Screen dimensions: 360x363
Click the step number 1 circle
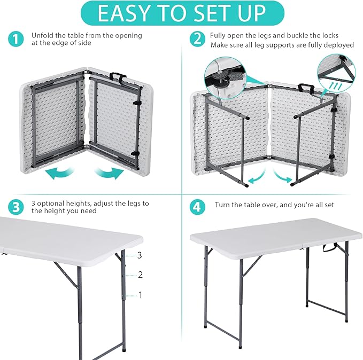(17, 39)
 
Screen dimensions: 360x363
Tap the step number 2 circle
(198, 39)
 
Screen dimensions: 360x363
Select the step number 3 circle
(17, 207)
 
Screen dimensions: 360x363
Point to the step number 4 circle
(198, 207)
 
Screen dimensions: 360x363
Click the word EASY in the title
(123, 13)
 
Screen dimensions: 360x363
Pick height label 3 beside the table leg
(140, 255)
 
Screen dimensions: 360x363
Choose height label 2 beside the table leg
(140, 275)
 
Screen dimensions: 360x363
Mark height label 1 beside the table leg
(140, 294)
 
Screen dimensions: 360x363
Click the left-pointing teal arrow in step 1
(59, 172)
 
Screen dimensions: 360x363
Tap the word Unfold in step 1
(42, 36)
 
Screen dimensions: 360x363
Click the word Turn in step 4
(223, 205)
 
